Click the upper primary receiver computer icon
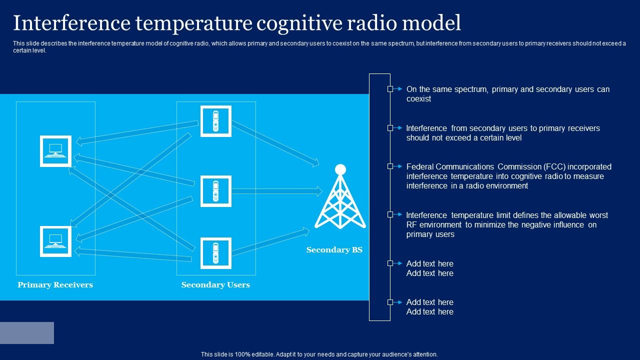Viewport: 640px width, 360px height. [55, 151]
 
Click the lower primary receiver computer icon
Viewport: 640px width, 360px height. [55, 241]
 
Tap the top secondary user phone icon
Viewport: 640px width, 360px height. [215, 121]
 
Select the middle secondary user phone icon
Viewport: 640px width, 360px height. [215, 191]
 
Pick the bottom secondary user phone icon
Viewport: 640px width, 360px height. [215, 253]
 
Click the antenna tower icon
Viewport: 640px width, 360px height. [340, 197]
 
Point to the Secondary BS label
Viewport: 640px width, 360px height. [334, 249]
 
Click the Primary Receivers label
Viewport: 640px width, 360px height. [55, 284]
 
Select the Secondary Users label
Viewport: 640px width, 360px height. [215, 284]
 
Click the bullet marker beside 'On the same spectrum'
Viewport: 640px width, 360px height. [390, 89]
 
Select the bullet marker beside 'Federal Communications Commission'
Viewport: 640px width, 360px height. [390, 166]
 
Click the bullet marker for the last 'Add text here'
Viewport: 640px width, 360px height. [390, 302]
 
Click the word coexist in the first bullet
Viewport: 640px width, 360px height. [418, 99]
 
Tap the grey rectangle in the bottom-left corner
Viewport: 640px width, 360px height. [27, 333]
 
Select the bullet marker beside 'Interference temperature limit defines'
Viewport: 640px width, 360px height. [390, 214]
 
